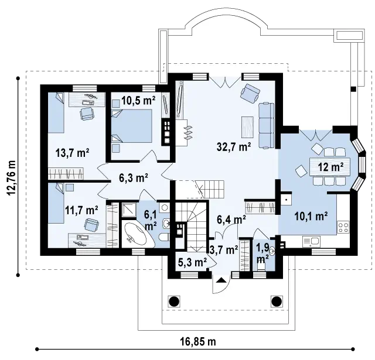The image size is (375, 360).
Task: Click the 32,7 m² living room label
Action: tap(234, 147)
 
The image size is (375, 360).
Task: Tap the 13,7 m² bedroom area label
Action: tap(73, 153)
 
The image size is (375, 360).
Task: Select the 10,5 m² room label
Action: tap(138, 101)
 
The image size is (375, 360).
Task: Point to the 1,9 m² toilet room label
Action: tap(262, 253)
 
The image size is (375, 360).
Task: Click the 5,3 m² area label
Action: tap(193, 262)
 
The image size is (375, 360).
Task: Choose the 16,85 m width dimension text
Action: tap(198, 342)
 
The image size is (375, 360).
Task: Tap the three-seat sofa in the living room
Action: tap(266, 125)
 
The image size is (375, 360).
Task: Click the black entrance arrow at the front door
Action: tap(221, 280)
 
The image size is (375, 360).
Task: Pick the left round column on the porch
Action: tap(174, 301)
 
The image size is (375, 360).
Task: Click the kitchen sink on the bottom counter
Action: tap(311, 242)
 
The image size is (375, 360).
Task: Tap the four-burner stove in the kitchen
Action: tap(343, 227)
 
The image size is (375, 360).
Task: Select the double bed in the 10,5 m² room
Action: tap(132, 126)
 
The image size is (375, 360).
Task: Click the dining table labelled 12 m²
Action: tap(330, 167)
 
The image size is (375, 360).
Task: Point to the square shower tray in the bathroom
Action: tap(129, 210)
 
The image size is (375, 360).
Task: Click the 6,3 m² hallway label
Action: tap(134, 178)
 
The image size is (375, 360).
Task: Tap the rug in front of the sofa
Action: tap(248, 127)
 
